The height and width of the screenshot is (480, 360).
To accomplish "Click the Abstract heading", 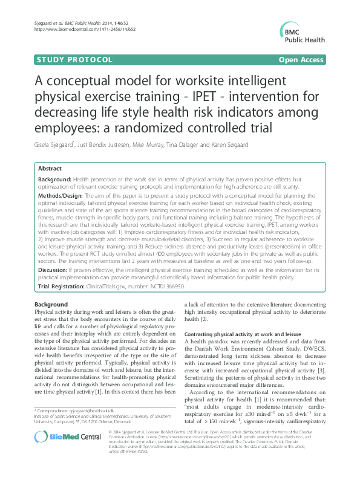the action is point(50,169).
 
